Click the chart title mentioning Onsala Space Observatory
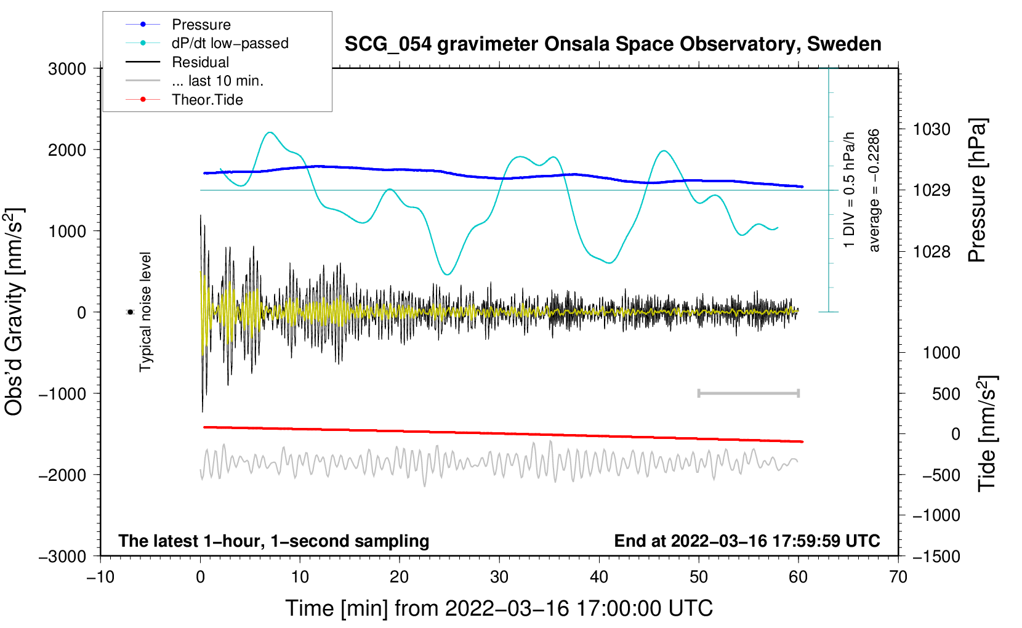coord(613,44)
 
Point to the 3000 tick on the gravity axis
coord(67,69)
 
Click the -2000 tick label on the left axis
coord(63,475)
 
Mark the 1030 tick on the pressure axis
coord(931,129)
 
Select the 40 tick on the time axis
coord(598,577)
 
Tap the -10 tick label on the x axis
coord(101,577)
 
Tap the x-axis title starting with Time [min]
coord(499,608)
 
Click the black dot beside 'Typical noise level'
coord(131,312)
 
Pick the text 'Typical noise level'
coord(145,312)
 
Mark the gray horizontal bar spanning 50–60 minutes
coord(749,393)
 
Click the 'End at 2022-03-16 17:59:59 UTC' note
coord(747,541)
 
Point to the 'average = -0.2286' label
coord(874,190)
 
